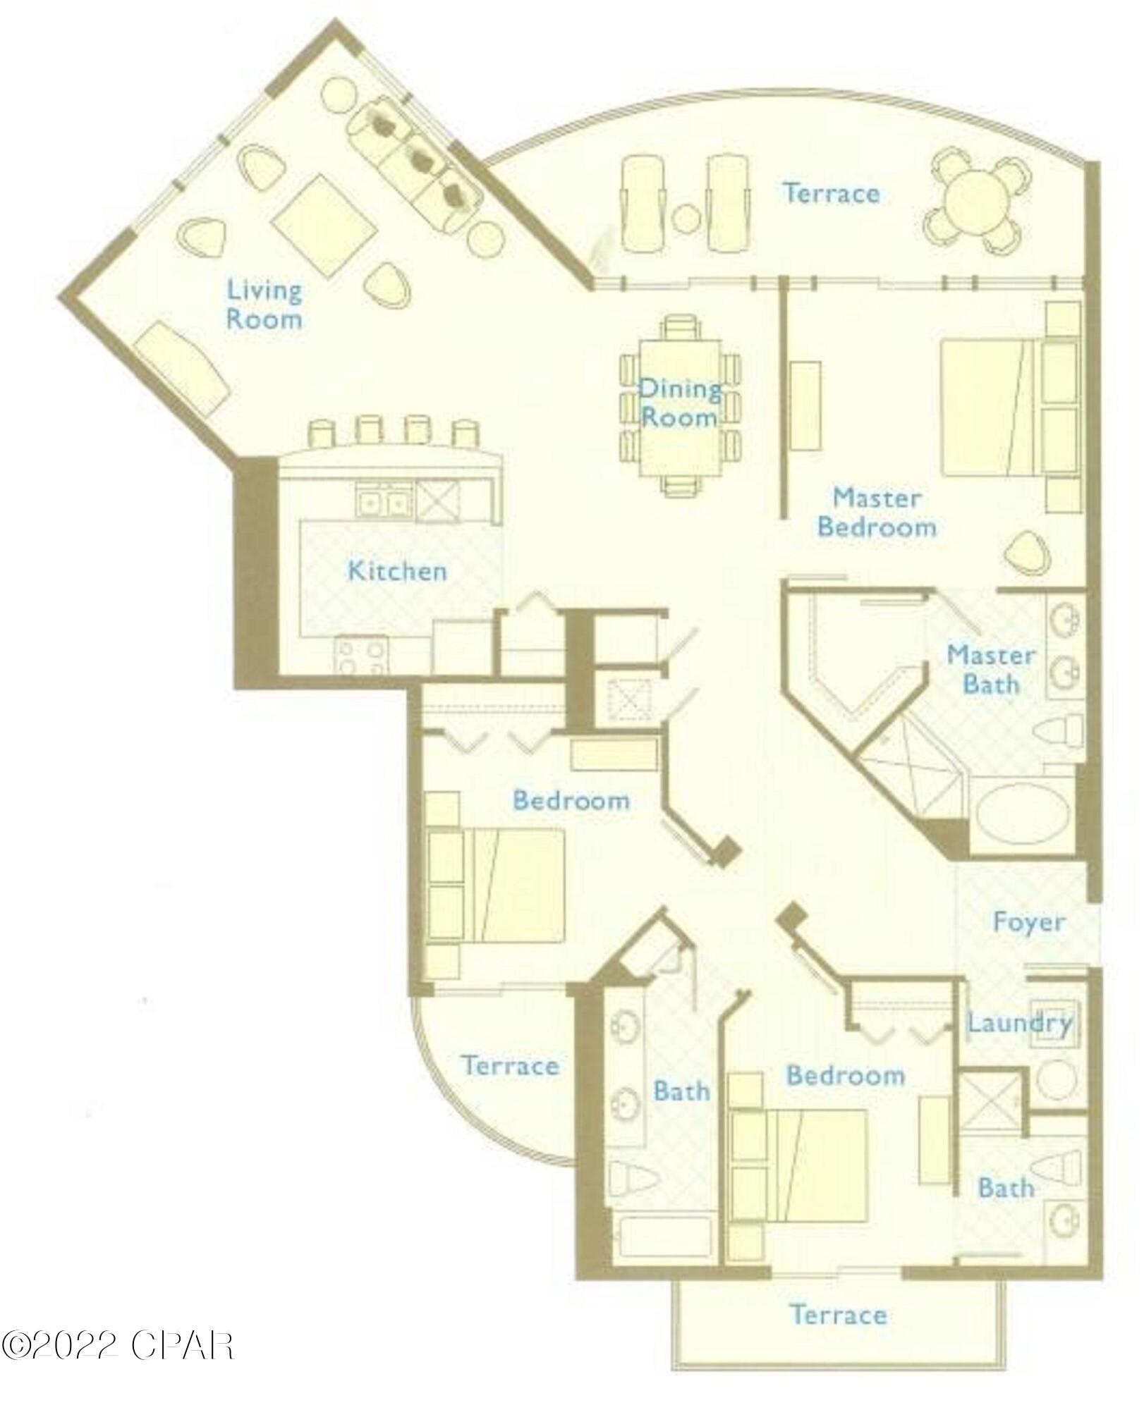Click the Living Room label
click(264, 305)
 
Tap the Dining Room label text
click(679, 403)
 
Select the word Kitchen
click(397, 570)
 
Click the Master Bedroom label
click(877, 513)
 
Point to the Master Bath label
click(990, 669)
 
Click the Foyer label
click(1028, 921)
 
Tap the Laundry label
click(1018, 1023)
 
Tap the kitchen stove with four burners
click(363, 655)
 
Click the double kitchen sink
click(382, 501)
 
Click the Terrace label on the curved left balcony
click(511, 1065)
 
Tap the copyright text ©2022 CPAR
click(116, 1345)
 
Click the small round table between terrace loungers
click(686, 218)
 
